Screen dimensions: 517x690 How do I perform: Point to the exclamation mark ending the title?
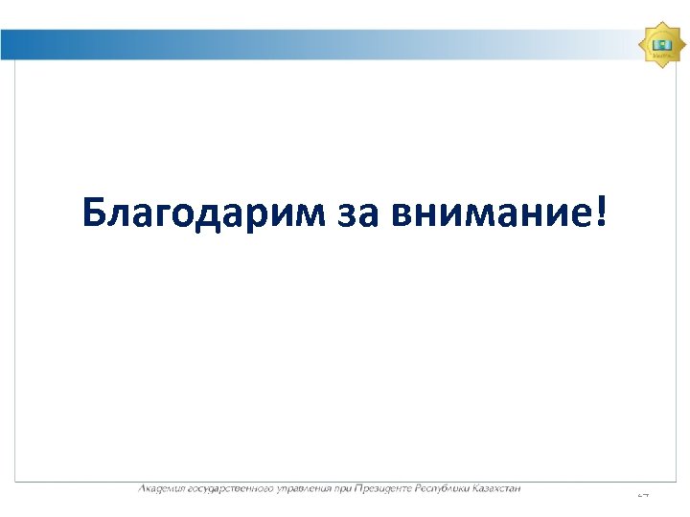601,211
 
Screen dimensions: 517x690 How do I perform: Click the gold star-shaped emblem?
660,43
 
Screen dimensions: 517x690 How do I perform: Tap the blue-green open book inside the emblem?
660,42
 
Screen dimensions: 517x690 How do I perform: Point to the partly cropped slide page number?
643,494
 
